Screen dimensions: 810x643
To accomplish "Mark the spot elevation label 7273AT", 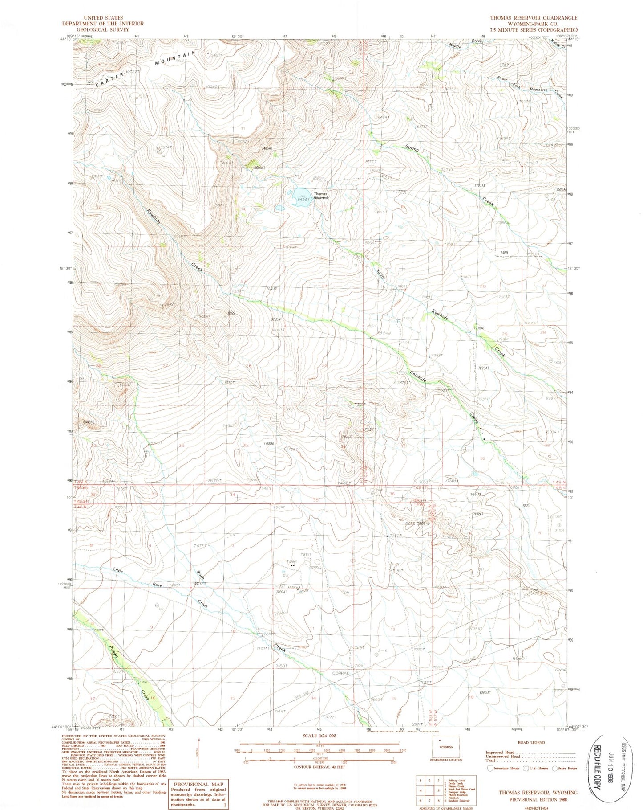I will [x=484, y=368].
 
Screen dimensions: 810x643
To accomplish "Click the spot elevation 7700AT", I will [x=270, y=443].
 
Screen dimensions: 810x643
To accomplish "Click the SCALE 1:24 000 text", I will [x=319, y=736].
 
